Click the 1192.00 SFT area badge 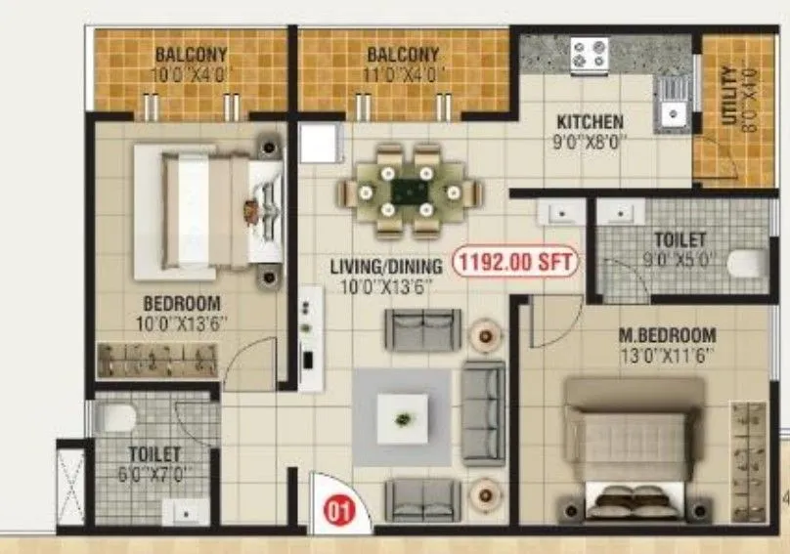point(516,262)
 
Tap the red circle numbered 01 point(334,508)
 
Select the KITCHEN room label point(590,122)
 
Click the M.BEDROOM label point(667,335)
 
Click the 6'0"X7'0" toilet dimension point(154,473)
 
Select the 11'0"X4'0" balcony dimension point(404,74)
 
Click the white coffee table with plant point(402,418)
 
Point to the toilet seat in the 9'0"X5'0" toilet point(749,263)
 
